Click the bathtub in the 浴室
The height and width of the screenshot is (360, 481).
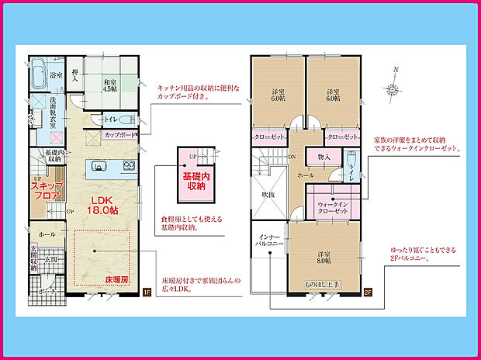40,78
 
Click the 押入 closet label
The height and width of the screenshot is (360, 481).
75,74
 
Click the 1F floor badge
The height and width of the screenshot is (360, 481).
146,292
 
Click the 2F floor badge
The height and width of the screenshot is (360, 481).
368,292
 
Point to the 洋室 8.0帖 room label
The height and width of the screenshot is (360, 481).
325,257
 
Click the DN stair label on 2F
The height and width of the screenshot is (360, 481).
291,155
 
